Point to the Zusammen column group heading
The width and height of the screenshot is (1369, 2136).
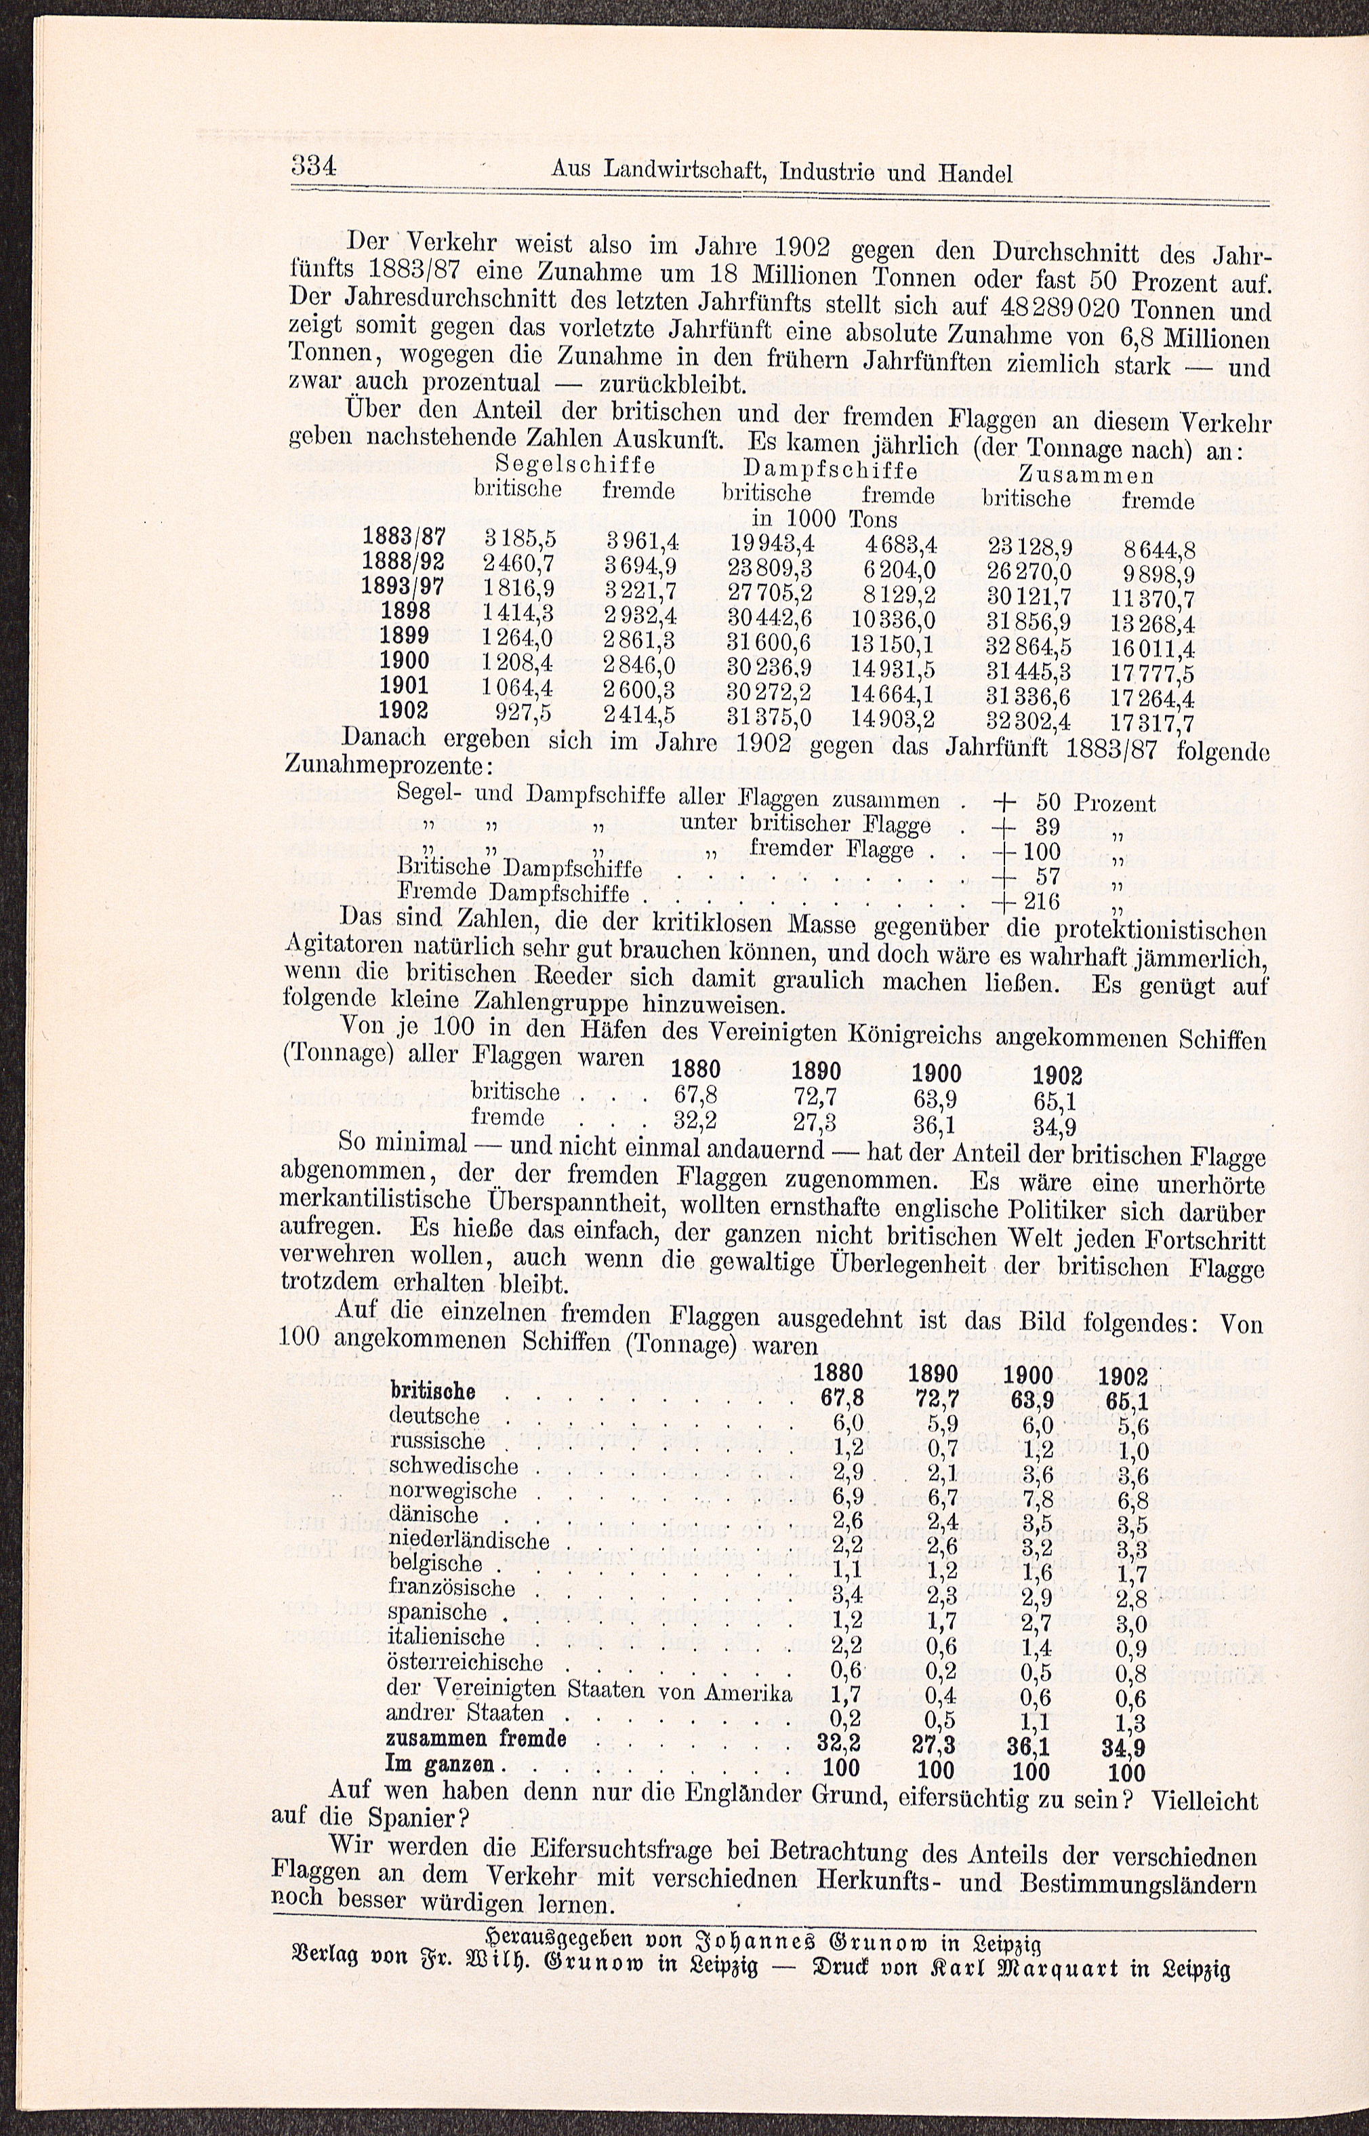pyautogui.click(x=1086, y=473)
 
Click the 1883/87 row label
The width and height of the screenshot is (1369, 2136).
pyautogui.click(x=404, y=535)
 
